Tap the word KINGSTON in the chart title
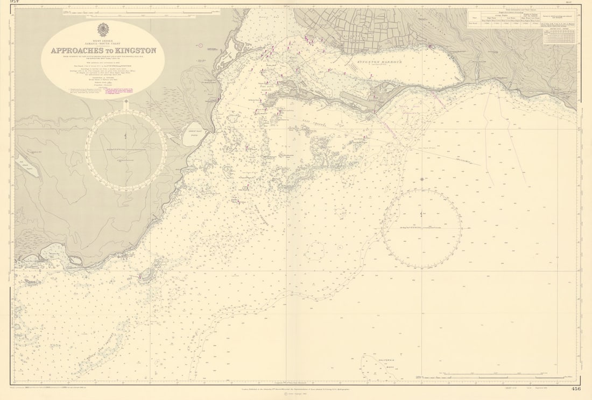[x=135, y=51]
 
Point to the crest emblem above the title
[x=102, y=30]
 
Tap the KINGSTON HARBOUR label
[x=379, y=62]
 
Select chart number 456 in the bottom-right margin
[x=576, y=388]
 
